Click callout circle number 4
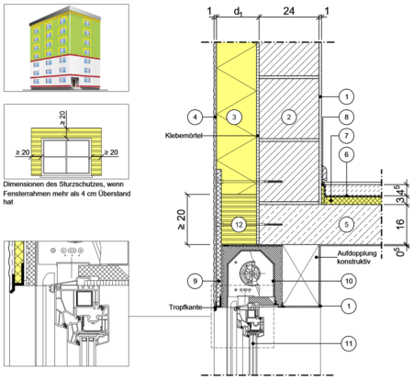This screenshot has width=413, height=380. point(195,117)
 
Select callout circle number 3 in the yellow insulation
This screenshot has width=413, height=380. point(234,117)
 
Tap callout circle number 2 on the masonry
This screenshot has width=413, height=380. point(289,117)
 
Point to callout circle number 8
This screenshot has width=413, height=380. point(346,117)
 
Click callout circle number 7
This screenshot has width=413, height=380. point(346,136)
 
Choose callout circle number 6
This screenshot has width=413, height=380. point(346,154)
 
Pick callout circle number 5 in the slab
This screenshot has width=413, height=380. point(346,225)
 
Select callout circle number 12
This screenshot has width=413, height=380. point(239,225)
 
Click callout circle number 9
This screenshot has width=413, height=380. point(195,281)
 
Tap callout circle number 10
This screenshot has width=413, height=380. point(349,281)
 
